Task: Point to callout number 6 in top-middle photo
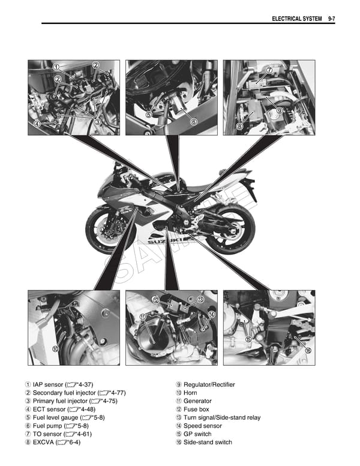pyautogui.click(x=194, y=122)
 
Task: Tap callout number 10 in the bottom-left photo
pyautogui.click(x=55, y=348)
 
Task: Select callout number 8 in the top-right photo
pyautogui.click(x=239, y=126)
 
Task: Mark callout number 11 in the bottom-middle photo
pyautogui.click(x=143, y=316)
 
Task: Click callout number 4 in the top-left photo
pyautogui.click(x=37, y=124)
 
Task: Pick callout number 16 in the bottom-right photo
pyautogui.click(x=308, y=350)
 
